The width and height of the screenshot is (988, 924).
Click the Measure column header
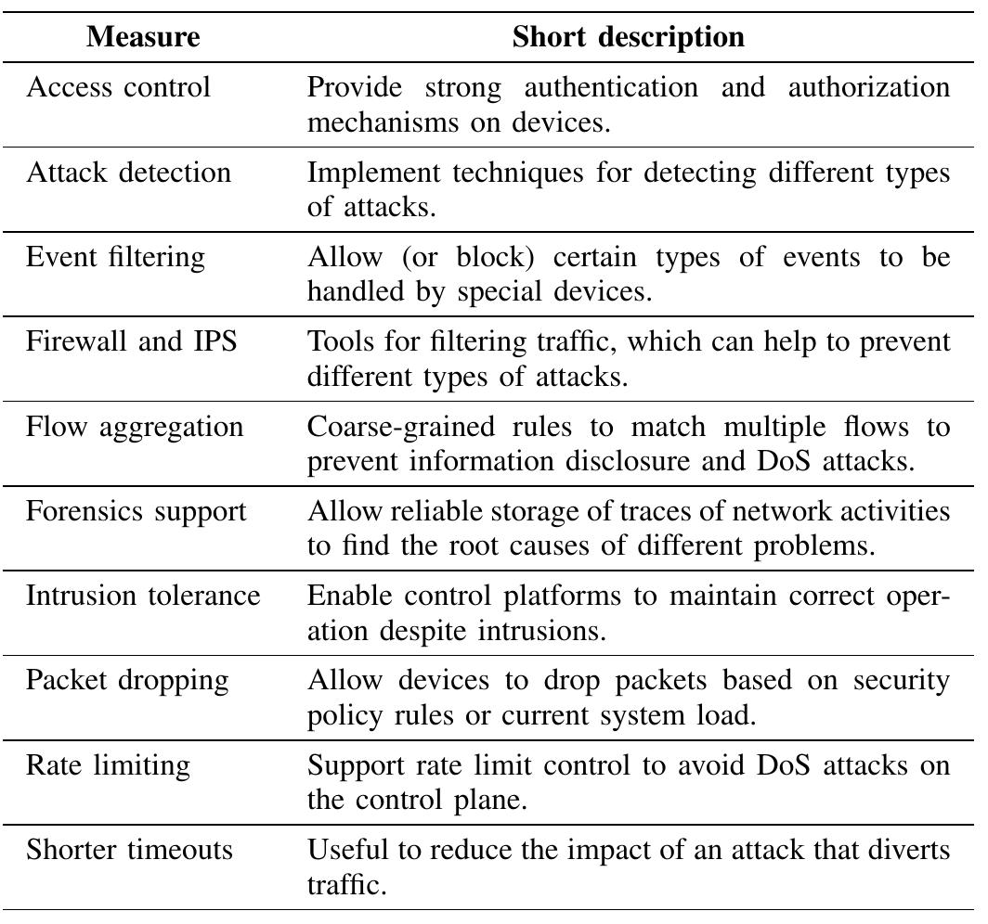[x=143, y=38]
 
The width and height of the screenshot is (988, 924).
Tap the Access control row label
[x=118, y=87]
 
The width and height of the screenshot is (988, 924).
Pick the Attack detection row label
[x=128, y=173]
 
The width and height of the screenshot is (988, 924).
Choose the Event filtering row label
[x=116, y=257]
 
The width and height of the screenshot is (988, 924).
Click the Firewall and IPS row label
[x=131, y=342]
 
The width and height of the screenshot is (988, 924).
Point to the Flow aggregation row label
[x=135, y=427]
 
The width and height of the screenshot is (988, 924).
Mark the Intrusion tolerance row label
[x=143, y=597]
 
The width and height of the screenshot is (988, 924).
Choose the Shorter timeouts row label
[x=129, y=851]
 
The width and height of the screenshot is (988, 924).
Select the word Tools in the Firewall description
[x=338, y=342]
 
